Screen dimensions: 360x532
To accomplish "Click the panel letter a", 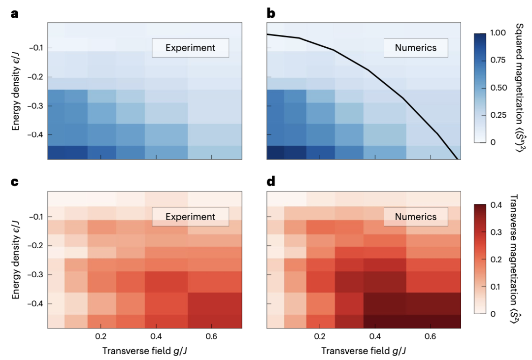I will pyautogui.click(x=15, y=13).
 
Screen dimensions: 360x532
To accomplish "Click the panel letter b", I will pyautogui.click(x=271, y=13).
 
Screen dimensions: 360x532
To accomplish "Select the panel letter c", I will pyautogui.click(x=15, y=183).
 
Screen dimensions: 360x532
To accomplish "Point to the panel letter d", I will pyautogui.click(x=271, y=183).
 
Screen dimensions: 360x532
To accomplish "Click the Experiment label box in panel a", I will pyautogui.click(x=190, y=48).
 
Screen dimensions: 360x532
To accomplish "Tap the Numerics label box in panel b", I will pyautogui.click(x=416, y=48).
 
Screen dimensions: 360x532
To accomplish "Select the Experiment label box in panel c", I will pyautogui.click(x=190, y=217).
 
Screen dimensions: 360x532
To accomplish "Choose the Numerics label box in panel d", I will pyautogui.click(x=416, y=217).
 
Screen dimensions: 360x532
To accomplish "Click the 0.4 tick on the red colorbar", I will pyautogui.click(x=498, y=204).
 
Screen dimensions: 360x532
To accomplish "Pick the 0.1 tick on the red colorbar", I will pyautogui.click(x=498, y=286).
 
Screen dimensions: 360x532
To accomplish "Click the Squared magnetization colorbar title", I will pyautogui.click(x=521, y=87).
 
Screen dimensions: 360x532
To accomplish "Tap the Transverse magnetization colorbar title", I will pyautogui.click(x=521, y=256).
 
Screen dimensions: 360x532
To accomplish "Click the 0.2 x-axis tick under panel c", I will pyautogui.click(x=101, y=338).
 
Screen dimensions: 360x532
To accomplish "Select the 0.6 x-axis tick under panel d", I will pyautogui.click(x=430, y=338).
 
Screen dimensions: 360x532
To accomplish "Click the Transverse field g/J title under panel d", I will pyautogui.click(x=364, y=351).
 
